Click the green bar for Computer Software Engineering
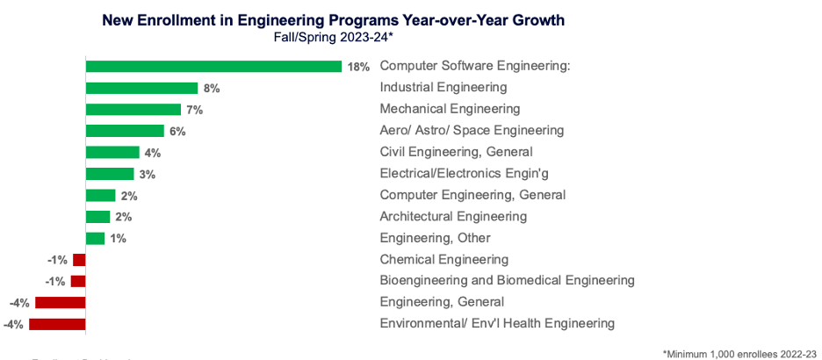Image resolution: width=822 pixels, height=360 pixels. click(213, 67)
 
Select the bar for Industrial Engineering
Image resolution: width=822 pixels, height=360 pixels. click(141, 88)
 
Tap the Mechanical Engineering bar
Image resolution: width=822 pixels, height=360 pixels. click(133, 110)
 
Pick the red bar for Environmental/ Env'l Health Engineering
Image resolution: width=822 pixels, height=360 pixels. click(57, 324)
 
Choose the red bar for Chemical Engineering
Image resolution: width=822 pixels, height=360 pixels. click(79, 260)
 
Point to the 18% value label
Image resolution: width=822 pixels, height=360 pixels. click(358, 67)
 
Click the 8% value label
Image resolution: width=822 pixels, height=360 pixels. click(211, 89)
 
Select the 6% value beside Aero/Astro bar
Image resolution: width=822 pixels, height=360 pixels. click(177, 132)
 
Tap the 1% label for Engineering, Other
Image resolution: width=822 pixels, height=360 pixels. click(118, 239)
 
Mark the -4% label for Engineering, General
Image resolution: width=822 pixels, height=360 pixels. click(19, 303)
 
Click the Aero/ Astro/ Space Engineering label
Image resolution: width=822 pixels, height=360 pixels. click(471, 130)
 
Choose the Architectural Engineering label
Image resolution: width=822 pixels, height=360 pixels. click(453, 216)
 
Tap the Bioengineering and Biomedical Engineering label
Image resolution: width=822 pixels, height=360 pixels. click(507, 281)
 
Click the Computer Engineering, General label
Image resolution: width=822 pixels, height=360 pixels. click(472, 195)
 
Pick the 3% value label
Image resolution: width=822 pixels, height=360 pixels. click(147, 175)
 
